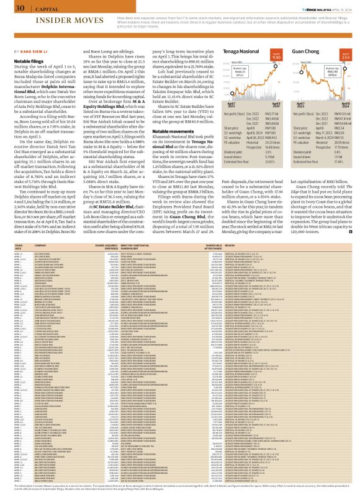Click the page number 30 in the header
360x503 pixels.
[x=20, y=8]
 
